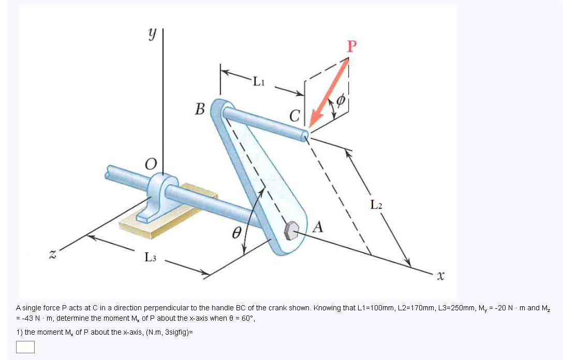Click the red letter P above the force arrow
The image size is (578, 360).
(352, 47)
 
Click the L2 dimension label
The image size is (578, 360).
(377, 205)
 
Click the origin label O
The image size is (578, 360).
(150, 164)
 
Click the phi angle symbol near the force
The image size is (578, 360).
(340, 100)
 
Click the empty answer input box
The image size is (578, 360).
(25, 347)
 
